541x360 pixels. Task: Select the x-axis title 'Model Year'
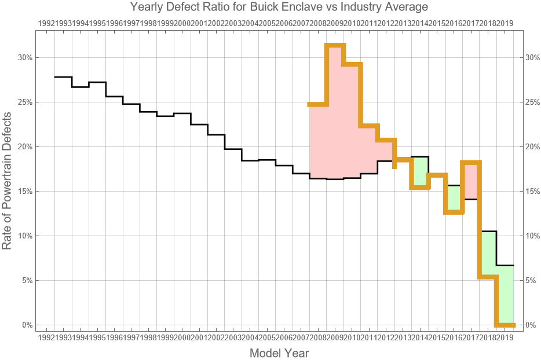click(279, 352)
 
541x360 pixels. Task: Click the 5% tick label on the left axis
click(26, 281)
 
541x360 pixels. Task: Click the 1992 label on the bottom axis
click(46, 337)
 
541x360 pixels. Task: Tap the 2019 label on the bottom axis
click(505, 337)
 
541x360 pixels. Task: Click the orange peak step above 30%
click(335, 45)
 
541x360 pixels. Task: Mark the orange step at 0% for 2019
click(505, 325)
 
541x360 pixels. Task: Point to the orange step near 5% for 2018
click(488, 277)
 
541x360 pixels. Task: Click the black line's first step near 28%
click(63, 77)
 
